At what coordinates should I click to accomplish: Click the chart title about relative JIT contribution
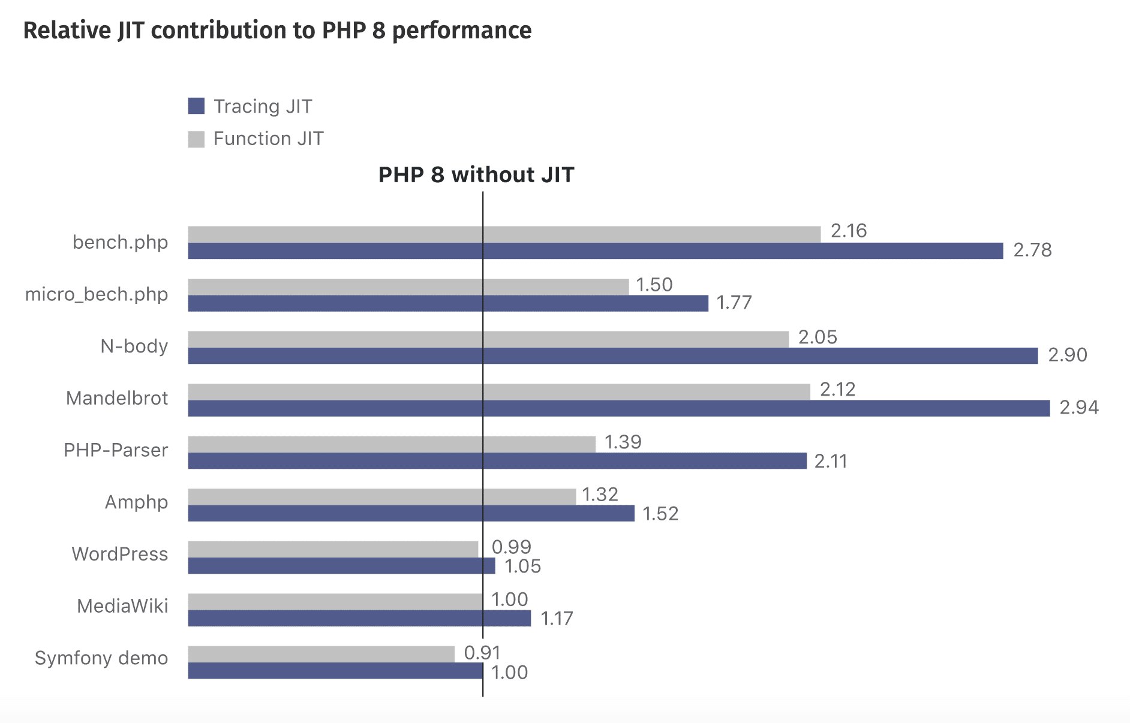click(277, 31)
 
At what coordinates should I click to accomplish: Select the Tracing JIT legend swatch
click(196, 106)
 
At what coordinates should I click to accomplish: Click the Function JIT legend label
click(268, 138)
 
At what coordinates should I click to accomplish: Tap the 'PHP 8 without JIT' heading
click(476, 174)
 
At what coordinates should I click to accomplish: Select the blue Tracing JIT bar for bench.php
click(595, 251)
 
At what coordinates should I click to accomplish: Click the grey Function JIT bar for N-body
click(488, 339)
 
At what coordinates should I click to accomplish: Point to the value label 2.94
click(1078, 408)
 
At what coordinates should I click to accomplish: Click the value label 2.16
click(848, 231)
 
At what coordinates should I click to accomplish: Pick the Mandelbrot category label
click(117, 398)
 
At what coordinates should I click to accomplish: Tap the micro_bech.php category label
click(97, 294)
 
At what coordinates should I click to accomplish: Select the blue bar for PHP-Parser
click(497, 461)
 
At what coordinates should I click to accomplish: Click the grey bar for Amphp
click(381, 496)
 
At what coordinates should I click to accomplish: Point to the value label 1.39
click(623, 442)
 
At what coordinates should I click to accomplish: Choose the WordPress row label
click(120, 554)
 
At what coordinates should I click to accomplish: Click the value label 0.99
click(511, 547)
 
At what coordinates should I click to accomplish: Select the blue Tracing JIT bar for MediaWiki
click(359, 618)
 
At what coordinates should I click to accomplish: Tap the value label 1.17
click(557, 618)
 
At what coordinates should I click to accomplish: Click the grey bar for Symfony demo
click(321, 654)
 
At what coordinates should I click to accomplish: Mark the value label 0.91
click(482, 652)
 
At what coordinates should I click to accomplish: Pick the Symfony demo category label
click(101, 658)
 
